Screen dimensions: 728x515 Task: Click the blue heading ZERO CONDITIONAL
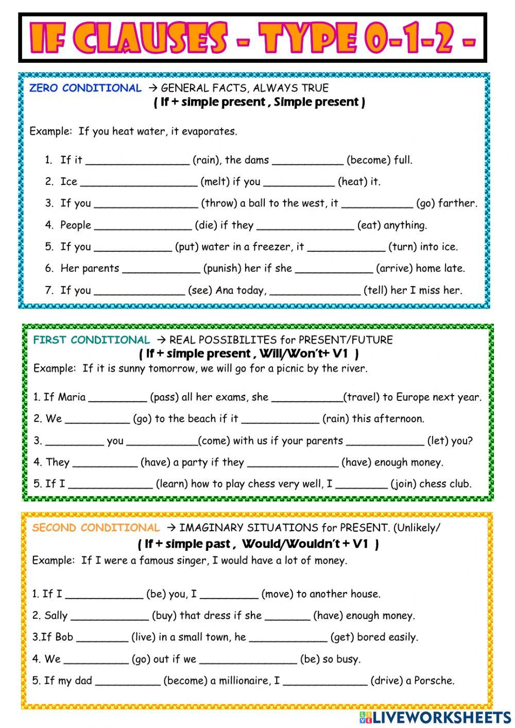pos(85,88)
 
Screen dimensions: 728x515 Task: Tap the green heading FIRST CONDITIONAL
pos(91,340)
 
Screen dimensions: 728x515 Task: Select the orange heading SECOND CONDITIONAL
pos(96,528)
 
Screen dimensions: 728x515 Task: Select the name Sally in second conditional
pos(56,616)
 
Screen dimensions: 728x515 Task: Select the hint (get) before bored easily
pos(341,637)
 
